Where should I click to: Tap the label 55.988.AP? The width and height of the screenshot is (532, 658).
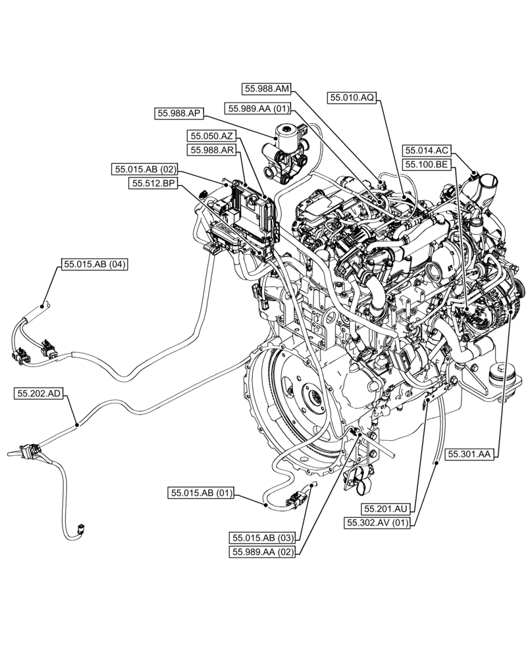[179, 113]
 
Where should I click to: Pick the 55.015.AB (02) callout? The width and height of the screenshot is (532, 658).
[144, 170]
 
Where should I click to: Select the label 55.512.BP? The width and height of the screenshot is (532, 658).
[153, 184]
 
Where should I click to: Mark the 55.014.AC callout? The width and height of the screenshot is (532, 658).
[427, 150]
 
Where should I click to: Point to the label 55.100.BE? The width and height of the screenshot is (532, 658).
[427, 164]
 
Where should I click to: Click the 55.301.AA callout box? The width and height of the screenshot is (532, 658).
[470, 453]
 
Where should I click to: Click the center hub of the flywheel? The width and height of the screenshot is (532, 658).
[312, 399]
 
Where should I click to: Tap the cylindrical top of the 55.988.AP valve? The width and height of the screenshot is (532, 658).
[286, 132]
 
